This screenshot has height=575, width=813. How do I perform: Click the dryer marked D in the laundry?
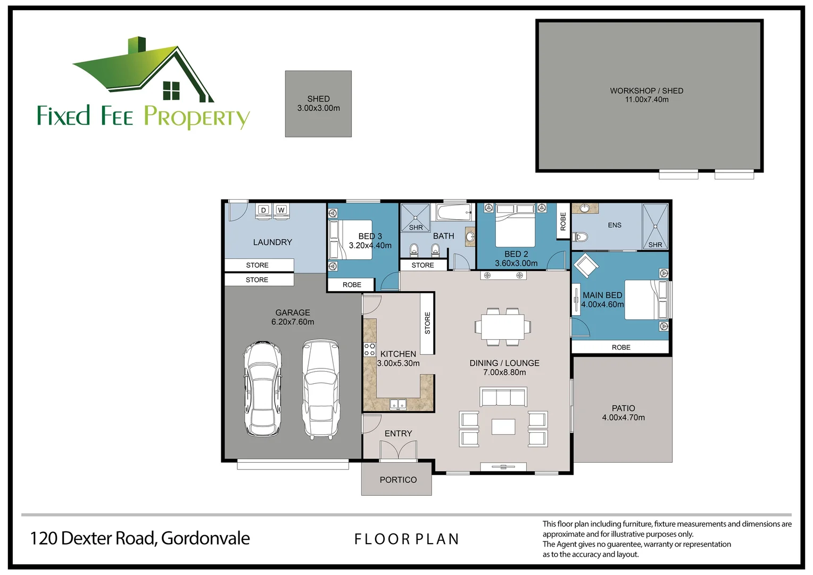(263, 210)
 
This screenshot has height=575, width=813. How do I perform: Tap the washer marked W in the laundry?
(281, 210)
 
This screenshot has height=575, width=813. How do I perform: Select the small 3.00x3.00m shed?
(318, 104)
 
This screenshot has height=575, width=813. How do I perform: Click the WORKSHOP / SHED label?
(646, 91)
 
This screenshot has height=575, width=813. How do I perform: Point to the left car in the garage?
(262, 389)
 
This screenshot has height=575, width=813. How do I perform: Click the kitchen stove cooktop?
(369, 349)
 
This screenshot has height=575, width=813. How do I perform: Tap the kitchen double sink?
(398, 404)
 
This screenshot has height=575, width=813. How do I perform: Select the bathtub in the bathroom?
(454, 212)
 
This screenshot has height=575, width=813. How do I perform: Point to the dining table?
(503, 326)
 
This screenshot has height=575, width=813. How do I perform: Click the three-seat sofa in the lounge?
(503, 397)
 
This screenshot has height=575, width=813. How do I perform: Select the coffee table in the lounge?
(503, 427)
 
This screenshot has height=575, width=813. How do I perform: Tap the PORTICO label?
(398, 480)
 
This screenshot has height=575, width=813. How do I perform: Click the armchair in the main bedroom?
(586, 265)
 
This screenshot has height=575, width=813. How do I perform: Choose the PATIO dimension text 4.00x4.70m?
(623, 417)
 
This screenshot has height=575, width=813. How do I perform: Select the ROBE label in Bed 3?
(352, 285)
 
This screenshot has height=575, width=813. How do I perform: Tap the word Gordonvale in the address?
(205, 538)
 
